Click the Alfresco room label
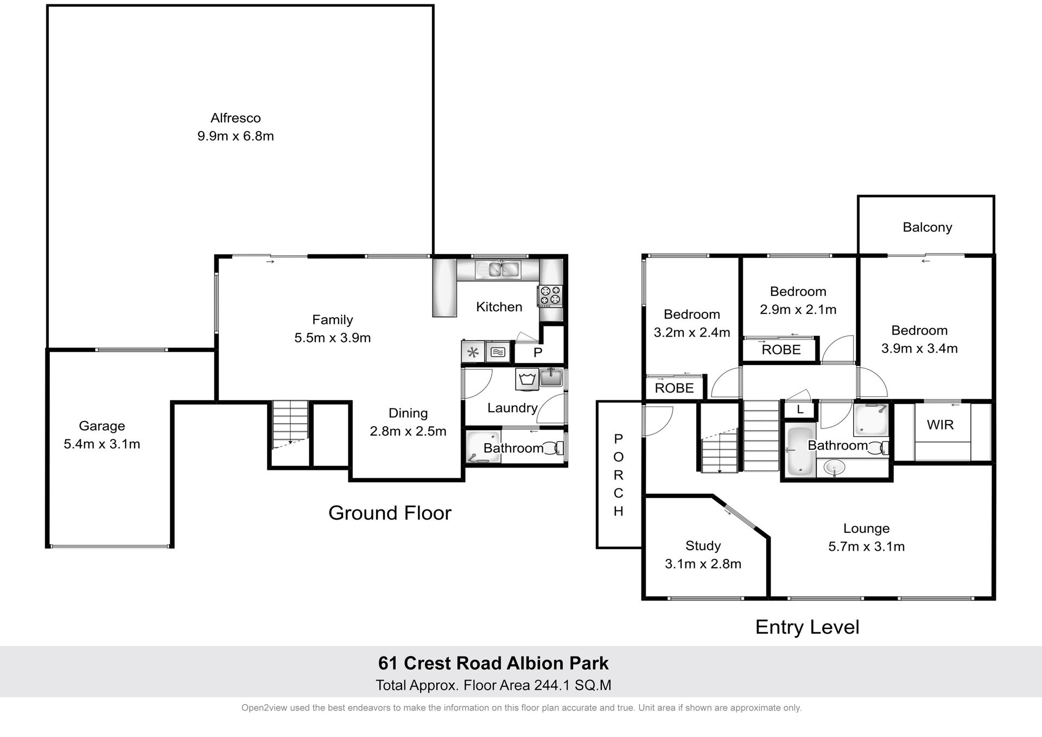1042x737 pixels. click(236, 118)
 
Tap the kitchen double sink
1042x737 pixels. click(498, 269)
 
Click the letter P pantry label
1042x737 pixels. click(538, 352)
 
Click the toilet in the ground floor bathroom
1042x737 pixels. click(554, 448)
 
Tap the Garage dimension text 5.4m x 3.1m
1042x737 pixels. click(102, 444)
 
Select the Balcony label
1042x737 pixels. click(927, 227)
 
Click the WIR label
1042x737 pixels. click(940, 425)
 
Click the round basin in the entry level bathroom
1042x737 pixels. click(834, 467)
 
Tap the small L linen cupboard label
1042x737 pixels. click(800, 410)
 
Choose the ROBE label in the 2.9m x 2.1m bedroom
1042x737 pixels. click(781, 350)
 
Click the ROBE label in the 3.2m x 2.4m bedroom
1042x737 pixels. click(674, 388)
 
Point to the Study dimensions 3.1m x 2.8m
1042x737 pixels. click(703, 564)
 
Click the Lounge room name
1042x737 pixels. click(866, 528)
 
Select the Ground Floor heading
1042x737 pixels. click(390, 513)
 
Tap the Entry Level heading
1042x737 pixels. click(807, 627)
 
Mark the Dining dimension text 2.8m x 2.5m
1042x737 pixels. click(408, 431)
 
